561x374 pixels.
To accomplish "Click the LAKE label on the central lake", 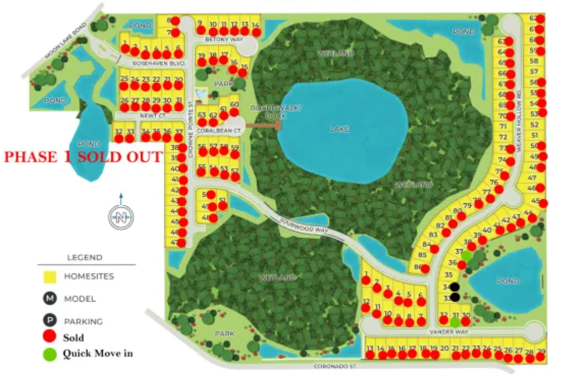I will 339,129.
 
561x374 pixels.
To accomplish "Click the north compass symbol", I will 121,218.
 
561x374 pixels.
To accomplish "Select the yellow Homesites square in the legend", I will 49,277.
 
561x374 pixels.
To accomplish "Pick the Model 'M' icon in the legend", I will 49,299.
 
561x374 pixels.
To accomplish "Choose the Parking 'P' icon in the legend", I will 49,321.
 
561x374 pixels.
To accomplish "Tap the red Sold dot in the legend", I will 49,336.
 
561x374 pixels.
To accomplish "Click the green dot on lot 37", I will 466,255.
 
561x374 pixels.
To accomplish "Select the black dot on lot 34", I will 454,287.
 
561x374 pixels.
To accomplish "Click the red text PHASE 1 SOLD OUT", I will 83,157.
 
